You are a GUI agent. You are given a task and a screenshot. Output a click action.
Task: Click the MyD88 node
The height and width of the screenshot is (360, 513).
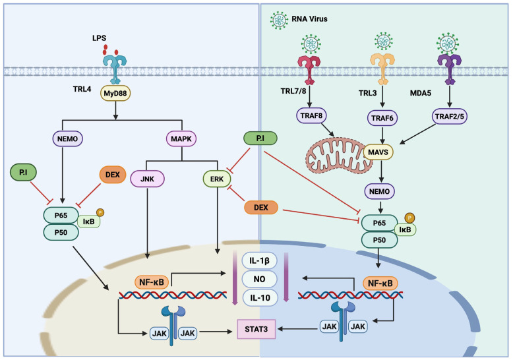[x=115, y=93]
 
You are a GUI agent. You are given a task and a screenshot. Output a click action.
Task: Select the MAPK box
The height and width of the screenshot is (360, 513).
[x=181, y=138]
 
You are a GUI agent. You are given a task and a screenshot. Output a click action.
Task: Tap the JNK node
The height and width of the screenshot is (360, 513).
[x=147, y=179]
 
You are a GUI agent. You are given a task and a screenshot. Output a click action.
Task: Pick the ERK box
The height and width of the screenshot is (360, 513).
[x=217, y=179]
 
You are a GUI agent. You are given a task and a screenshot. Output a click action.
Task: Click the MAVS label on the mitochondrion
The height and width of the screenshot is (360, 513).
[x=378, y=152]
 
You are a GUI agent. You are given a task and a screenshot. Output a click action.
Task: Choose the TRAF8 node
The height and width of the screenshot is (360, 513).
[x=311, y=115]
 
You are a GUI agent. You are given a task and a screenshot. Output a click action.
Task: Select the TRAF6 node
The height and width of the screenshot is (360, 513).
[x=382, y=118]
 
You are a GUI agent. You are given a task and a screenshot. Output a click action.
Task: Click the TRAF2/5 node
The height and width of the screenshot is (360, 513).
[x=450, y=116]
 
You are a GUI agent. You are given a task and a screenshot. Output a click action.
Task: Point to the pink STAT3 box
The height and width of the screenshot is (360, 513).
[x=256, y=329]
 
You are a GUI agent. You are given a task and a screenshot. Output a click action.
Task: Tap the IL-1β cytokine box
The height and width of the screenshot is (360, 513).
[x=259, y=261]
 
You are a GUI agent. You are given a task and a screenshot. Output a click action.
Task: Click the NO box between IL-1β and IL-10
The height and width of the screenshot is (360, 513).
[x=259, y=279]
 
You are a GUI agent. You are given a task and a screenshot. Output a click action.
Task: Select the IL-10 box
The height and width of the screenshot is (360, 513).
[x=259, y=297]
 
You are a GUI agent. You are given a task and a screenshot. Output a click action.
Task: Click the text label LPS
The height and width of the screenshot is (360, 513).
[x=99, y=38]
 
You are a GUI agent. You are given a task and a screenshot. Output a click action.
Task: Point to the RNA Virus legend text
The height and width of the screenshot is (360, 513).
[x=309, y=19]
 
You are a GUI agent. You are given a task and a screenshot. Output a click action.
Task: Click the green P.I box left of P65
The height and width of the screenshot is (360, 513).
[x=23, y=172]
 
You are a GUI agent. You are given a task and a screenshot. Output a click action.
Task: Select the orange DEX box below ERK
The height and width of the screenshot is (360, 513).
[x=260, y=208]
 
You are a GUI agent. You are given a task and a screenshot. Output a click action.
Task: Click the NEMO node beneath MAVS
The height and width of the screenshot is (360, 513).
[x=380, y=191]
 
